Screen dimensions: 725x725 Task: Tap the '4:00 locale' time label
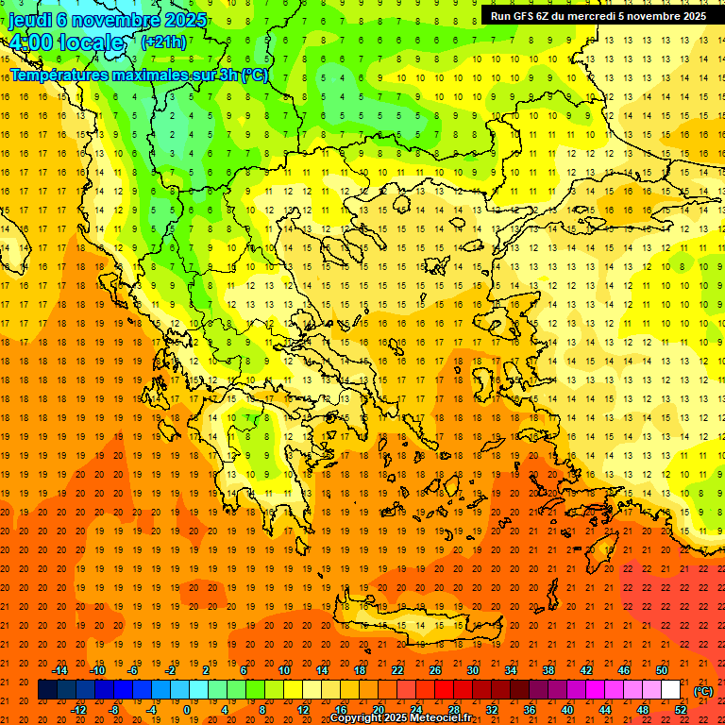pos(66,42)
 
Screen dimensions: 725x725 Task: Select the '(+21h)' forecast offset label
pos(163,42)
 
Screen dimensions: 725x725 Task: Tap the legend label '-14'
pos(60,670)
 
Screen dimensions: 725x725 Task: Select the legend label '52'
pos(681,710)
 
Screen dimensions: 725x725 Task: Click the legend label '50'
pos(662,670)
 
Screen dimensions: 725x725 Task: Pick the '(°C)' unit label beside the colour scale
pos(703,690)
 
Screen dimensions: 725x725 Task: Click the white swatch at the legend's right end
pos(671,690)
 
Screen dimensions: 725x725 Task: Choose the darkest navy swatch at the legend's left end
pos(47,690)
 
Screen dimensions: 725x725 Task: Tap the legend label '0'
pos(187,710)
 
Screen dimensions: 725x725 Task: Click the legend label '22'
pos(397,670)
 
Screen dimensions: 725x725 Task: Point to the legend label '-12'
pos(79,710)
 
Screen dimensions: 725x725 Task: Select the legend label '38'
pos(548,670)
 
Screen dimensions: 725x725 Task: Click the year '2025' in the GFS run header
pos(690,16)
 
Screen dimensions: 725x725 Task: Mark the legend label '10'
pos(284,670)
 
